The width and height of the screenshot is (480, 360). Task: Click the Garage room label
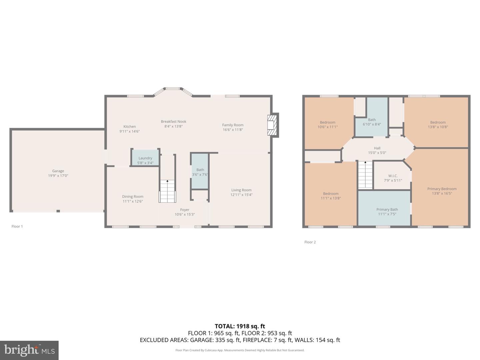pos(58,171)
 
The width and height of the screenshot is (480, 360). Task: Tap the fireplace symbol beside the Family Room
pos(273,125)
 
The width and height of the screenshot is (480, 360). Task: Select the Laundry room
pos(145,158)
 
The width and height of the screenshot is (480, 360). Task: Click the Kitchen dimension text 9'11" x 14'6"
pos(130,131)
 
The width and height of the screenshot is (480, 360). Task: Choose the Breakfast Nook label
pos(173,122)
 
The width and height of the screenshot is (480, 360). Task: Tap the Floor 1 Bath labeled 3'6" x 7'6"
pos(200,172)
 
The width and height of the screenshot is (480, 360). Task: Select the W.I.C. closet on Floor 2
pos(393,178)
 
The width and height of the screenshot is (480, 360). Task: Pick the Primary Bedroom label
pos(442,189)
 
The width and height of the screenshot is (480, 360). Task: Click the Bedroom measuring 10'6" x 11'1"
pos(328,124)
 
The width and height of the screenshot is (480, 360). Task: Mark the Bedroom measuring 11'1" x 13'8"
pos(331,196)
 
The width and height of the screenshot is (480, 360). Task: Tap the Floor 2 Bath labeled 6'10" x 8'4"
pos(372,122)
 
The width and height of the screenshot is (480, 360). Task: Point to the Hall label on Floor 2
pos(377,148)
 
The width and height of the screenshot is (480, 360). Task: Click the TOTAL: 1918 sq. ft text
pos(240,326)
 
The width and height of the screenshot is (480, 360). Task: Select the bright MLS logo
pos(29,350)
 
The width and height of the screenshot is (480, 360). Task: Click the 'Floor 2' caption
pos(310,242)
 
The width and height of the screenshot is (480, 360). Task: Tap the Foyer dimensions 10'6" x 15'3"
pos(185,214)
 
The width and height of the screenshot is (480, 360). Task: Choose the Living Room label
pos(241,190)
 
